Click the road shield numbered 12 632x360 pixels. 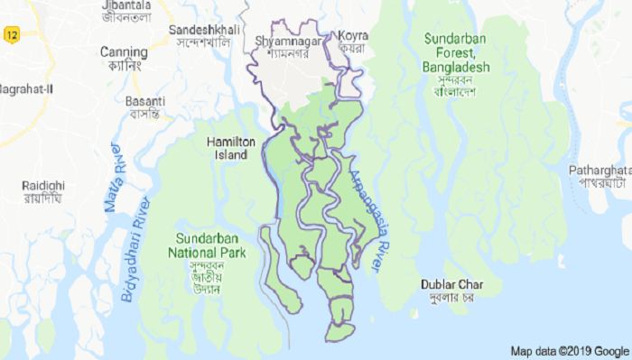[11, 35]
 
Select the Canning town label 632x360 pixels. [125, 51]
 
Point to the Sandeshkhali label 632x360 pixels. [204, 30]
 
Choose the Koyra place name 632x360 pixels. [352, 36]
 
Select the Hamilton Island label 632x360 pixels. [232, 148]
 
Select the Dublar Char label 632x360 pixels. [449, 285]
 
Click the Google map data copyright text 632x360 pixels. [569, 351]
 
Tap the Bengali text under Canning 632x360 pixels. [124, 66]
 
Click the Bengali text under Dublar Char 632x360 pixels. [449, 299]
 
